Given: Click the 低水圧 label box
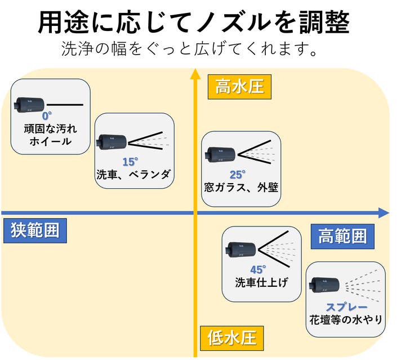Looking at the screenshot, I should (231, 338).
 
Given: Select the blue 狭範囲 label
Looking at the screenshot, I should (34, 230).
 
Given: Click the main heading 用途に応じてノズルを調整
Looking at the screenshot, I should (194, 22).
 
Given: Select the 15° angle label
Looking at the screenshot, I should (130, 161).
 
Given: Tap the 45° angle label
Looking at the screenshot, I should (257, 270).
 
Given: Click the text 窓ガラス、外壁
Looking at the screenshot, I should (241, 187).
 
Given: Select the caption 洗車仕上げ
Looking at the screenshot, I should (261, 282).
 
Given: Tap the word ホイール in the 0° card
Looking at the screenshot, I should (50, 141).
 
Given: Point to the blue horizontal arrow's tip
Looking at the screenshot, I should (387, 213).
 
